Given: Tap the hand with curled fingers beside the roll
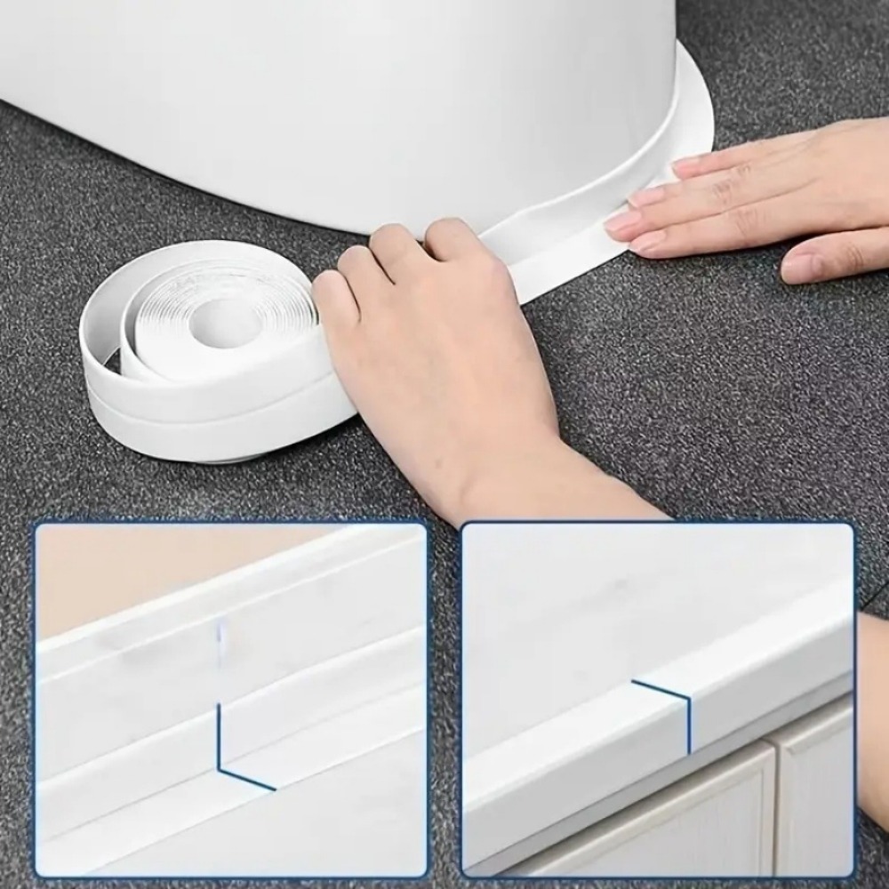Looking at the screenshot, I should [436, 356].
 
